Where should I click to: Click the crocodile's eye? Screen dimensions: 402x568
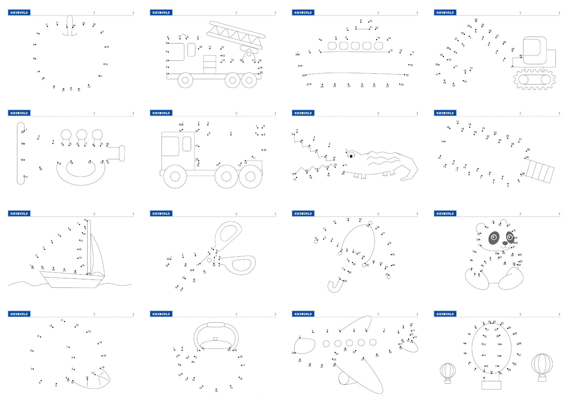point(351,156)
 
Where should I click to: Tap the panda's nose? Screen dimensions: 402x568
point(505,243)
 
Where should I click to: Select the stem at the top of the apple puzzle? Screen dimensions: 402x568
point(70,26)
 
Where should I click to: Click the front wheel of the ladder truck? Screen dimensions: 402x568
point(185,80)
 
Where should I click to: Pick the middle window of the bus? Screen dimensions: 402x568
point(355,46)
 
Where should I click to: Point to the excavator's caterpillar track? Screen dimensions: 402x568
point(534,80)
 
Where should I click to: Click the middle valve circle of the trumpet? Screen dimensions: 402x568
point(82,134)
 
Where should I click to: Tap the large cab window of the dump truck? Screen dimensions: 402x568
point(170,146)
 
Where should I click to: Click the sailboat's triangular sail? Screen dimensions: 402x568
point(97,256)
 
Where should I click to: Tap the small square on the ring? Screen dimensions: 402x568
point(215,339)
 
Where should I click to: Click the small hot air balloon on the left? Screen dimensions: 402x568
point(448,371)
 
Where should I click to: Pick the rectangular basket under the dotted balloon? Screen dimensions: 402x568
point(491,385)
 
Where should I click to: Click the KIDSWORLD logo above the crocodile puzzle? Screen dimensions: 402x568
point(303,113)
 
